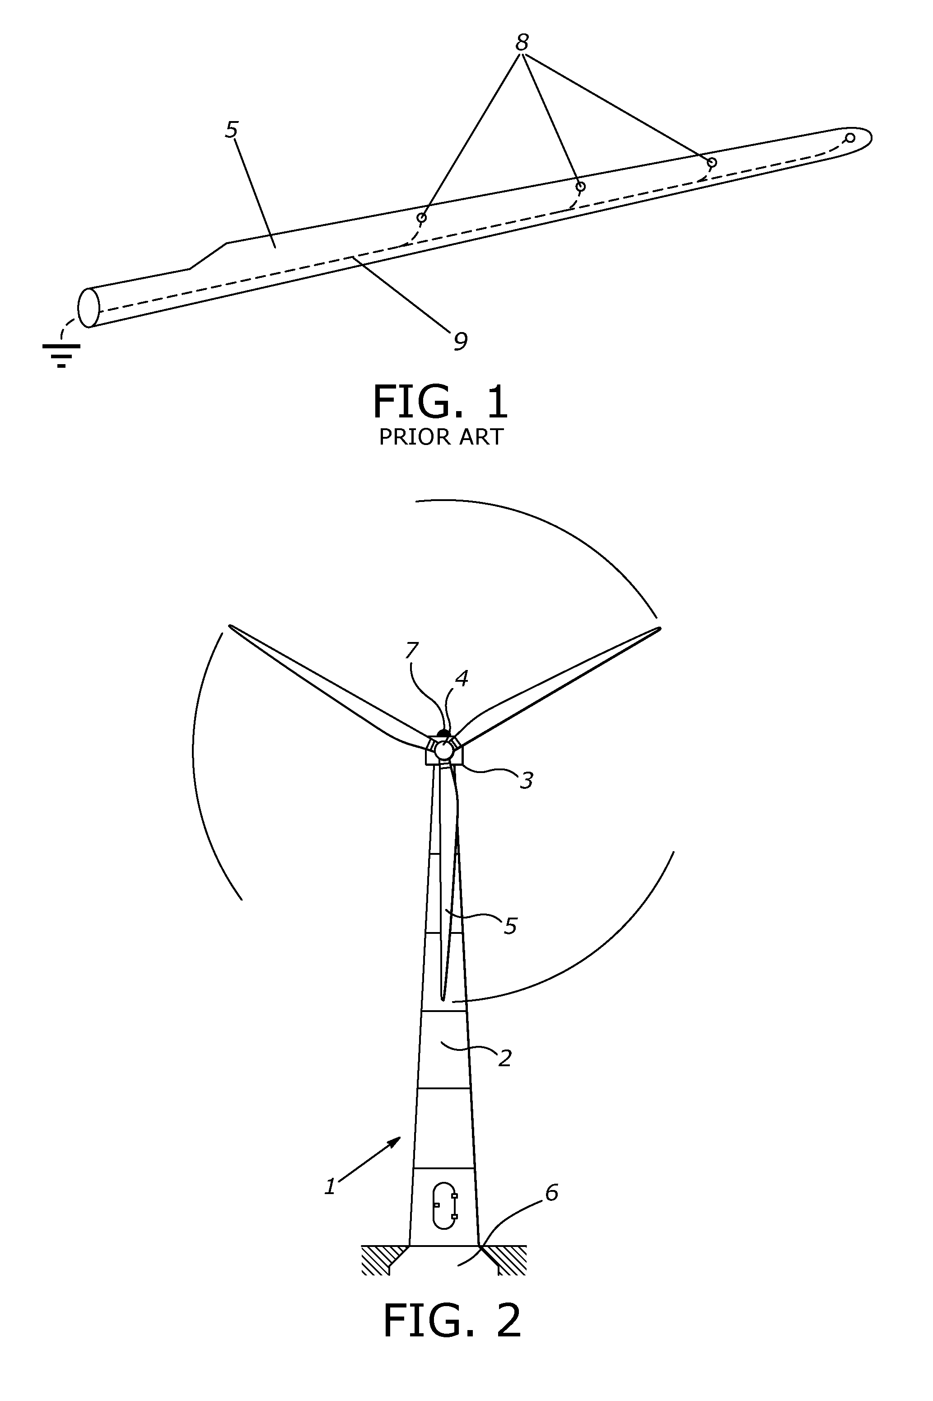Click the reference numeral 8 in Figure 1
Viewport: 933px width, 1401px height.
pos(522,43)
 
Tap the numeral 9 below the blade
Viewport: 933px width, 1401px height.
pos(460,341)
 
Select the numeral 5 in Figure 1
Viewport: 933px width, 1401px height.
pos(232,130)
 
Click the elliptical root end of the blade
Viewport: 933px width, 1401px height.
pos(89,308)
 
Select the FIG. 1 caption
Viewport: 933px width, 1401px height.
pos(440,403)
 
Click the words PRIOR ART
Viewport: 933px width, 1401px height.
pos(441,437)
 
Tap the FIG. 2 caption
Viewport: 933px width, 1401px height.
pos(452,1320)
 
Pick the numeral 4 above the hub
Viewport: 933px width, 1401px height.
pos(462,678)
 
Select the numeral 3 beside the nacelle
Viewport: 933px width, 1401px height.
pos(526,781)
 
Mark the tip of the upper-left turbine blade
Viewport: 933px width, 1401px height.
pos(230,626)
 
